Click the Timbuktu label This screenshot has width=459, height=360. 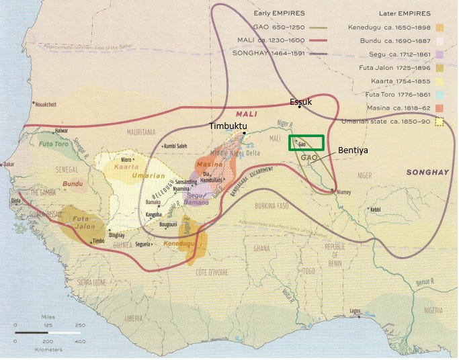coord(228,126)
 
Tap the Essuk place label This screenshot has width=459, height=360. coord(300,101)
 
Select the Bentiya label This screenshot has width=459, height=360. coord(353,150)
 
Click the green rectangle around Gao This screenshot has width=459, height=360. coord(306,143)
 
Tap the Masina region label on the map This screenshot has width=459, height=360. coord(210,165)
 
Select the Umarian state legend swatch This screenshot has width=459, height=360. coord(440,122)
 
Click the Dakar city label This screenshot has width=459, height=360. coord(9,163)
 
